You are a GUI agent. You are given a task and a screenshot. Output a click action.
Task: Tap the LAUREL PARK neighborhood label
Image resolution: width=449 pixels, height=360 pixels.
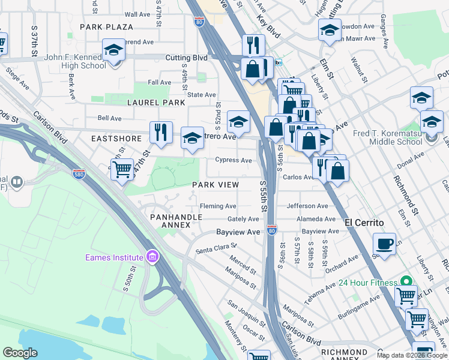(x=156, y=103)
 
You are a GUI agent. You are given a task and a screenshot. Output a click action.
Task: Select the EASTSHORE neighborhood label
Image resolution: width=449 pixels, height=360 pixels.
(x=116, y=138)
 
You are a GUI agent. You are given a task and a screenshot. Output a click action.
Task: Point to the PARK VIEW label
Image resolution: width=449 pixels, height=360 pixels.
(x=215, y=185)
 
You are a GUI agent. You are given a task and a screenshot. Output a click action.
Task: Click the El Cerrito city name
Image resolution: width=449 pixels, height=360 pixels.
(x=364, y=222)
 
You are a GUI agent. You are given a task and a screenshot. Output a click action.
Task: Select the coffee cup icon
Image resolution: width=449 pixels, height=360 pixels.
(x=384, y=244)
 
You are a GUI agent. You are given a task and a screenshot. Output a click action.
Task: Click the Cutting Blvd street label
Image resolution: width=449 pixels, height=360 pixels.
(x=186, y=58)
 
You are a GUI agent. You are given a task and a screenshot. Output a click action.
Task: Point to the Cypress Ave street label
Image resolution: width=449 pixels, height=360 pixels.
(x=234, y=160)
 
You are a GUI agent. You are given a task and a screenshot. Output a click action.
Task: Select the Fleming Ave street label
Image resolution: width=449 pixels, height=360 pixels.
(x=218, y=206)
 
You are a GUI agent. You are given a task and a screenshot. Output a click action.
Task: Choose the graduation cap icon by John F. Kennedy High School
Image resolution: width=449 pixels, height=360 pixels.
(x=113, y=50)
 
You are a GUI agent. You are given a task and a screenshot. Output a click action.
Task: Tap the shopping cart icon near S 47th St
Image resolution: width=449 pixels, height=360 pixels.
(x=122, y=169)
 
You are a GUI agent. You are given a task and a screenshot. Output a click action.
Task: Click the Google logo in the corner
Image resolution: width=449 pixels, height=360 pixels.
(x=20, y=353)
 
